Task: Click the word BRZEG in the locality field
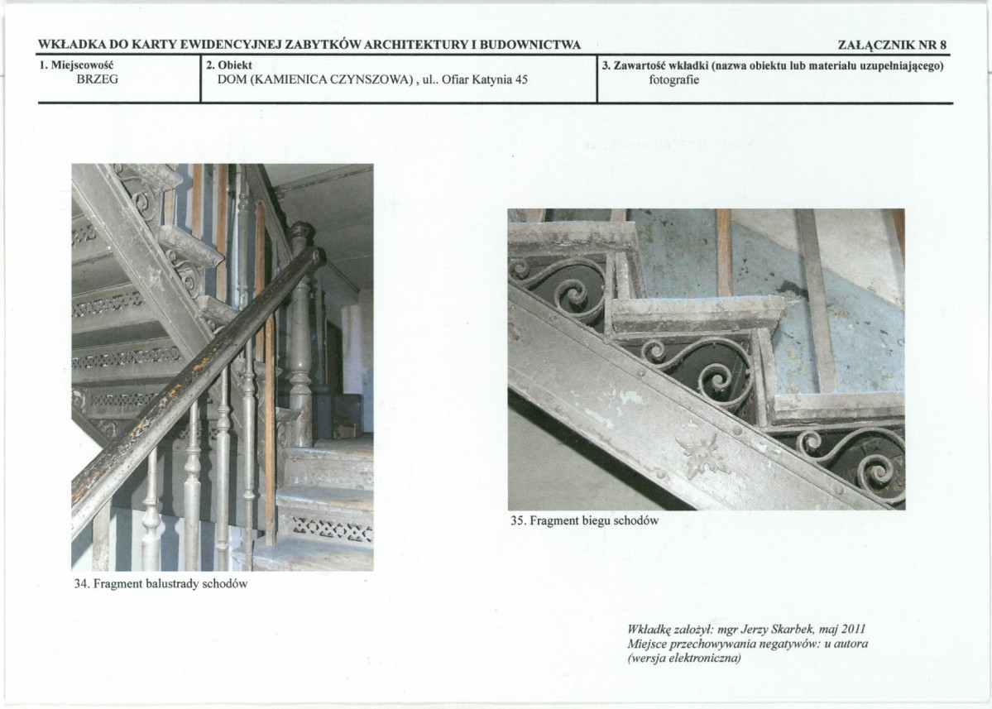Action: tap(97, 79)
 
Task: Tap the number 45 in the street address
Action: tap(520, 79)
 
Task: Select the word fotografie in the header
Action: tap(673, 80)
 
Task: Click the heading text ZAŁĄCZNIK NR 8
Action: tap(892, 45)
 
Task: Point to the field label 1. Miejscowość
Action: tap(76, 65)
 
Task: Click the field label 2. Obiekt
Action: tap(229, 65)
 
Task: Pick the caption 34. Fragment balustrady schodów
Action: tap(161, 584)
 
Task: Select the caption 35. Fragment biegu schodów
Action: tap(585, 521)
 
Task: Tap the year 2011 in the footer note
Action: tap(854, 630)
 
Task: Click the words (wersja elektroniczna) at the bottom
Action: tap(684, 659)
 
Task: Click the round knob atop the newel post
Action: tap(302, 234)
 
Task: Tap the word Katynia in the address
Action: tap(488, 79)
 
